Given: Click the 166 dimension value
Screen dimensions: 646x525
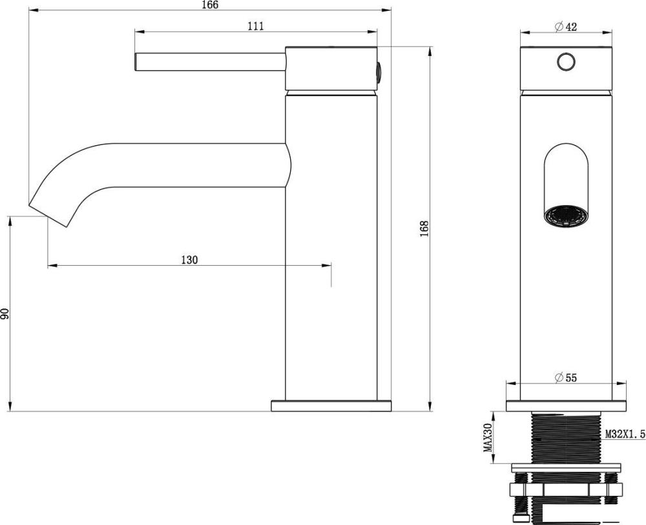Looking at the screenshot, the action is click(210, 5).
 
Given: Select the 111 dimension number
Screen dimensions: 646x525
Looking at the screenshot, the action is click(255, 26).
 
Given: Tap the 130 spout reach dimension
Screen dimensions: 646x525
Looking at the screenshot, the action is click(189, 260).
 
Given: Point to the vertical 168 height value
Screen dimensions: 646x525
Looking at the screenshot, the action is click(425, 228).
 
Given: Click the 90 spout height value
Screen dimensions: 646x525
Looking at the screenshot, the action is click(5, 314).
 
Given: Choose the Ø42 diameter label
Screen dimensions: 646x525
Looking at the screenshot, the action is click(566, 26).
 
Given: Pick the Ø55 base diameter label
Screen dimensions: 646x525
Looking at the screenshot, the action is click(566, 378).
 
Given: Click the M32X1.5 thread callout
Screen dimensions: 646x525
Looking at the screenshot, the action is click(625, 433).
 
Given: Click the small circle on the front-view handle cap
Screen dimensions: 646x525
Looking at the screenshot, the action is click(567, 62).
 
